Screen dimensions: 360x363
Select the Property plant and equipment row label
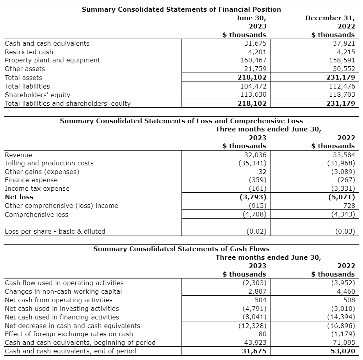pos(52,60)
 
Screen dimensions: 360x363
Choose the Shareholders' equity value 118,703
pos(341,95)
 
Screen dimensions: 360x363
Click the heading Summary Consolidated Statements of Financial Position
pos(181,9)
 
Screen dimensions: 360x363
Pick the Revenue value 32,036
pos(254,155)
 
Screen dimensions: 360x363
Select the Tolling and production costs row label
pos(49,163)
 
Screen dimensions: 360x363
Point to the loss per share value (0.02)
pos(256,231)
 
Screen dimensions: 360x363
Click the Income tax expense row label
pos(37,188)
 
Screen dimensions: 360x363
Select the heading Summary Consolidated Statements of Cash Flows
pos(181,249)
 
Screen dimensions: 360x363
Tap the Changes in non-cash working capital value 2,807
pos(257,291)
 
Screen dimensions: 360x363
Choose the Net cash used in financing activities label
pos(62,317)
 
